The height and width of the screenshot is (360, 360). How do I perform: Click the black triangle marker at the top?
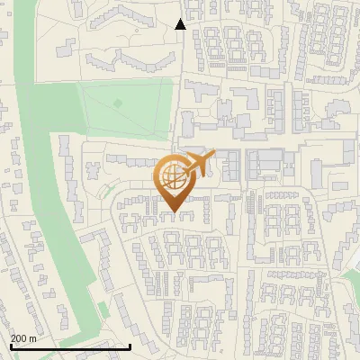180,24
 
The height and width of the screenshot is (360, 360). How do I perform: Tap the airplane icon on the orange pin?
195,165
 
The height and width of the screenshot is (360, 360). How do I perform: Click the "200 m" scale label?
22,337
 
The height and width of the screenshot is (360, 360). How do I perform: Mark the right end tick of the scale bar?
130,345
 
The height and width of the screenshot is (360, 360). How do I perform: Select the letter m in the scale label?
32,337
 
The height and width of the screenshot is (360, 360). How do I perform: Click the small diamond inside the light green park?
118,103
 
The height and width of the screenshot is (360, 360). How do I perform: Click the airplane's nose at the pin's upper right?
215,155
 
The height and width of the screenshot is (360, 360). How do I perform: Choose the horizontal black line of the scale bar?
69,346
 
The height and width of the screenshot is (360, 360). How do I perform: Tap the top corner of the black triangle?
180,19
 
